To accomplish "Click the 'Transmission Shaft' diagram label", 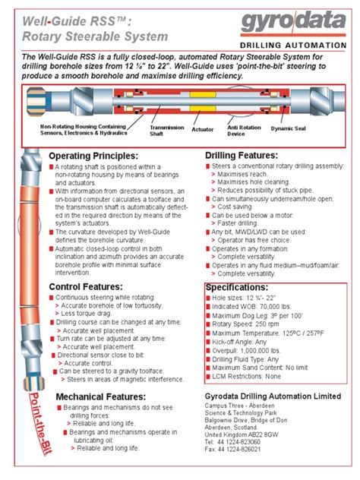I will coord(166,131).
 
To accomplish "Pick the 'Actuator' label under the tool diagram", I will coord(203,130).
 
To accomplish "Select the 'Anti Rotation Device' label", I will coord(245,131).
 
